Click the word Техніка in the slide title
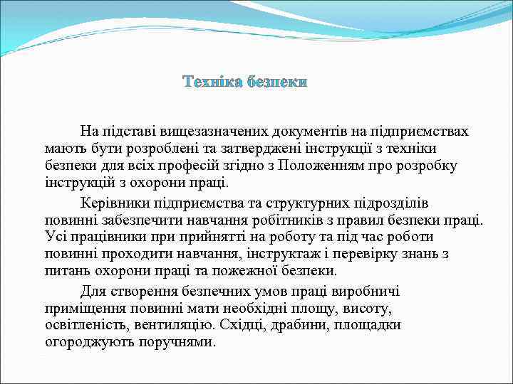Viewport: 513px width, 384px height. click(212, 82)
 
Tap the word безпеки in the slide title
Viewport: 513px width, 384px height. click(276, 82)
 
